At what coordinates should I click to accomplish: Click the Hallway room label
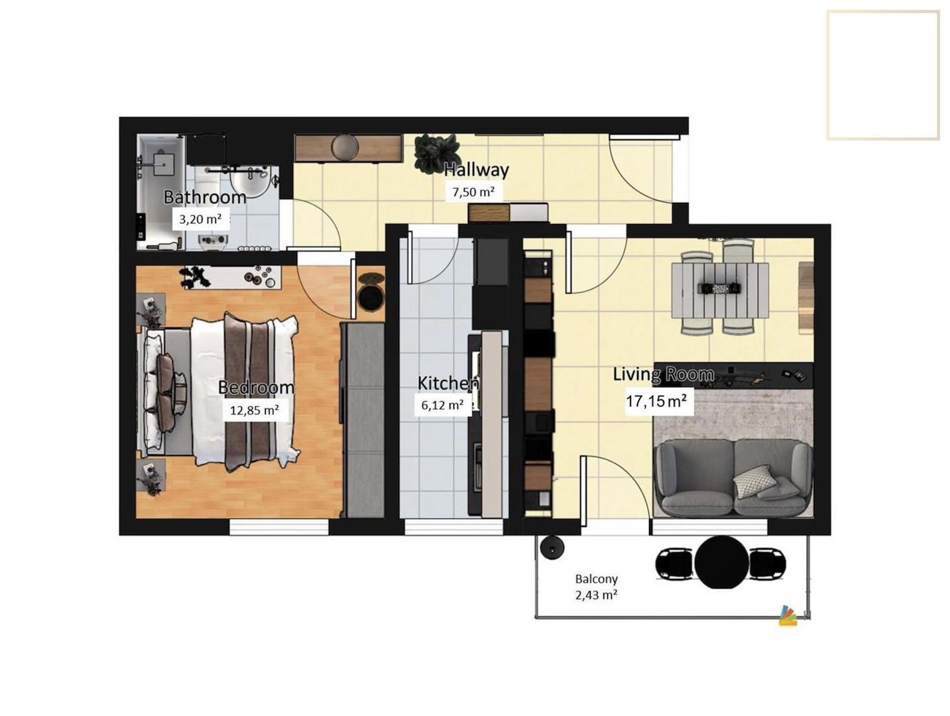(476, 170)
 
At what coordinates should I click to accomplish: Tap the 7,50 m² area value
(473, 192)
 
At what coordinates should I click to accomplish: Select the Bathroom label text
(205, 198)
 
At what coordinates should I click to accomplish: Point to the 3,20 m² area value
(200, 219)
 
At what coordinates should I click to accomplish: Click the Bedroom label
(256, 387)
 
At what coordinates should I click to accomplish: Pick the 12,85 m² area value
(254, 410)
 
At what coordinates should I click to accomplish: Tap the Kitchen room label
(448, 383)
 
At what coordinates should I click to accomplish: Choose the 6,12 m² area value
(442, 405)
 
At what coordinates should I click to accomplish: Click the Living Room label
(664, 375)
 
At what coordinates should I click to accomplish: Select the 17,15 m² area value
(656, 400)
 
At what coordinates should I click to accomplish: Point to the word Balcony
(596, 578)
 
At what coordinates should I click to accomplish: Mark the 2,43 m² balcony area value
(596, 595)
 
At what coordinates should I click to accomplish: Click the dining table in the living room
(719, 290)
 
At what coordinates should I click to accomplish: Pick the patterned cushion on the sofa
(754, 481)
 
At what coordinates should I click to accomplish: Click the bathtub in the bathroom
(161, 192)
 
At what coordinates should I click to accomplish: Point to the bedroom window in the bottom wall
(278, 528)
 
